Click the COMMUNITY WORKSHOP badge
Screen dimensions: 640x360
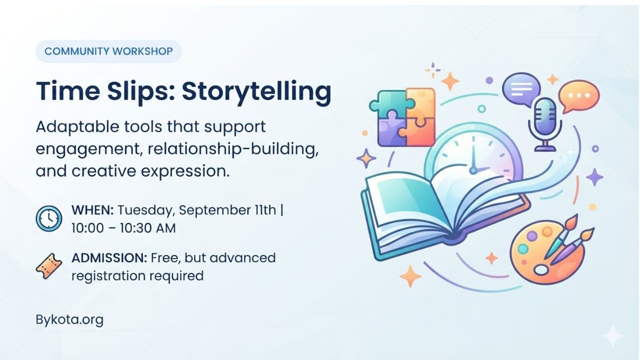point(109,51)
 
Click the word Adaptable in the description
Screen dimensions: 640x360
point(77,127)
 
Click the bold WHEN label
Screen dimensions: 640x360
point(93,210)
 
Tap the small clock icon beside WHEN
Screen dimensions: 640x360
point(49,219)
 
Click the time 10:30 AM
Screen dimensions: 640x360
point(148,228)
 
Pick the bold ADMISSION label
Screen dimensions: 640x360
point(109,258)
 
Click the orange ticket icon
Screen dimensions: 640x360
point(49,266)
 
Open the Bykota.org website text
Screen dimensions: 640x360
point(69,320)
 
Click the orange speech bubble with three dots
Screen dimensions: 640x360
point(579,95)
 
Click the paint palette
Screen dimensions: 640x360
point(547,252)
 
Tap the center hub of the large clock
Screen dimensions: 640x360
point(474,171)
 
